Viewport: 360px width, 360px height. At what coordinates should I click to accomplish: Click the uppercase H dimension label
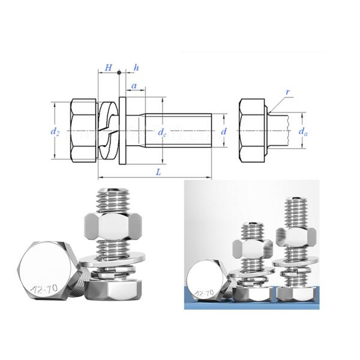point(108,68)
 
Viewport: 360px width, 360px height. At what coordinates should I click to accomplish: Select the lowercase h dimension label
point(137,68)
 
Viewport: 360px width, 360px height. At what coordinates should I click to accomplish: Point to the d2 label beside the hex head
point(55,131)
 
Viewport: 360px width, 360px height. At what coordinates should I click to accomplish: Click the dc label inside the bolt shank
point(162,133)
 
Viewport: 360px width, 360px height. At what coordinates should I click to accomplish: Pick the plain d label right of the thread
point(224,131)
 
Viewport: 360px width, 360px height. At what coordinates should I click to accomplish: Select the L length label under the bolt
point(158,172)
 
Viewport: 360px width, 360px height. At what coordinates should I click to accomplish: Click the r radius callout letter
point(288,92)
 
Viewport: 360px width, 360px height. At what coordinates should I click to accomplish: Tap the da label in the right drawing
point(304,131)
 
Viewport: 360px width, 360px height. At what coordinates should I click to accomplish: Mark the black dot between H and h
point(119,73)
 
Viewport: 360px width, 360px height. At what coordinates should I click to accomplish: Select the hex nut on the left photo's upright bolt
point(113,227)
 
